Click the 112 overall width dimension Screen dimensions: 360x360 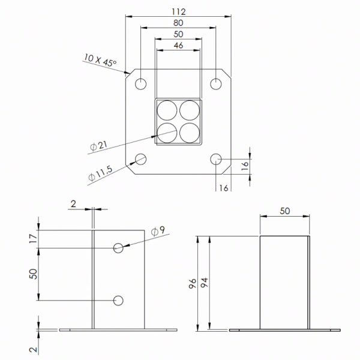(x=178, y=11)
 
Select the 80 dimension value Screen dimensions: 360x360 (x=178, y=23)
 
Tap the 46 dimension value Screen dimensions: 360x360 (x=178, y=46)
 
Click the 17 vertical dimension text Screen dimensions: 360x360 (x=33, y=239)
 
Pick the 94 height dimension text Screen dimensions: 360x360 (x=203, y=283)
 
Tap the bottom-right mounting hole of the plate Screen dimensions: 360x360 (x=217, y=159)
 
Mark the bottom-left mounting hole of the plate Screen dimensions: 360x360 (x=140, y=159)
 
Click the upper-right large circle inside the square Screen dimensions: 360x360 (x=189, y=110)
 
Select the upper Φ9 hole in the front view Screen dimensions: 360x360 (x=119, y=248)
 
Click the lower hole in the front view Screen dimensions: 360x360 (x=119, y=300)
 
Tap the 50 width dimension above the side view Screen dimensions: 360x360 (x=284, y=211)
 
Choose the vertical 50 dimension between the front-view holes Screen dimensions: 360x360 (x=33, y=274)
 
